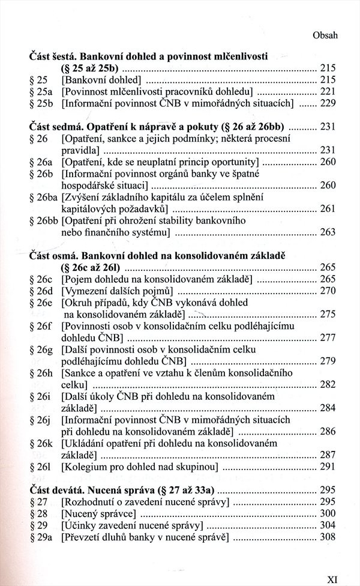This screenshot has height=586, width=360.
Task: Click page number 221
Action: click(328, 91)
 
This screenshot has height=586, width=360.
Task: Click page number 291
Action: click(328, 467)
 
